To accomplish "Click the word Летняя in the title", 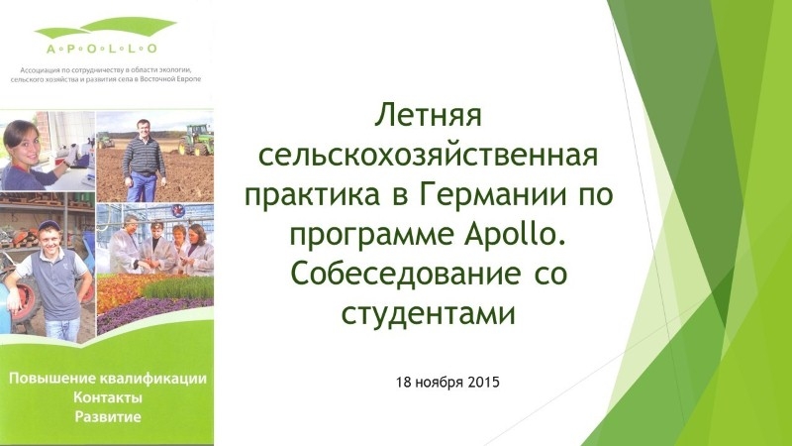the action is point(428,116).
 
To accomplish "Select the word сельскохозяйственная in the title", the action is point(429,155).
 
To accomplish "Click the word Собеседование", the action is point(406,274).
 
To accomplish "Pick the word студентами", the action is point(429,313).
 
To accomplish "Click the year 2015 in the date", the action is point(483,382).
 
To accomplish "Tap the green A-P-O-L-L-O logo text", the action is point(102,49).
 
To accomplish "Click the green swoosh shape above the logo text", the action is point(106,29).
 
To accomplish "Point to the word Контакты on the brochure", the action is point(108,397).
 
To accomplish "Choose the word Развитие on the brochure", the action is point(108,416).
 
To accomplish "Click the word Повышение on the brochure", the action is point(52,379).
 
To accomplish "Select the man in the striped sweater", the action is point(144,161).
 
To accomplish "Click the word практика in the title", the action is point(312,195).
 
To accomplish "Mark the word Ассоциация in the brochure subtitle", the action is point(36,69).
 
